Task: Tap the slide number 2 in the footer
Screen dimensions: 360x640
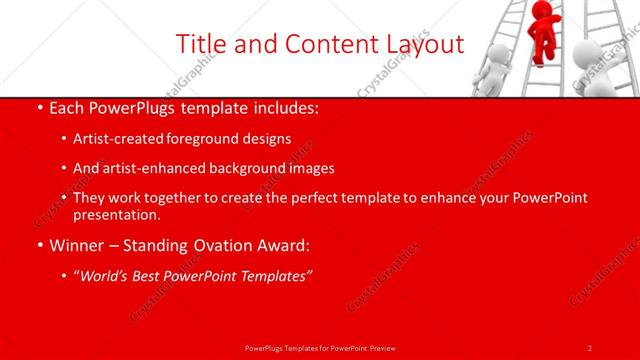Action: (x=590, y=347)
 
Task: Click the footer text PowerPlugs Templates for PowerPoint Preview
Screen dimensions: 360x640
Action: (x=319, y=347)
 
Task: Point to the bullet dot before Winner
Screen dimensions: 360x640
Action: (x=38, y=243)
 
